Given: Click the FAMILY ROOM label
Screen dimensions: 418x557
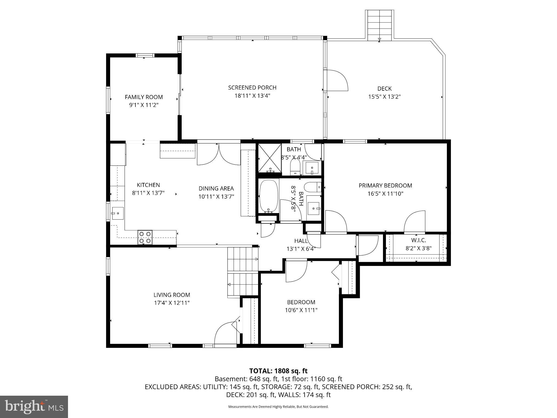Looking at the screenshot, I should pos(144,97).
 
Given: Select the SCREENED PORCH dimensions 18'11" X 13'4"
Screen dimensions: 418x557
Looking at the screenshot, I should pos(252,96).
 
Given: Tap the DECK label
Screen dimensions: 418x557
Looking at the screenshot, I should pos(384,88).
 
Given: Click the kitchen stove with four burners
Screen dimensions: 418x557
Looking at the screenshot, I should pos(145,237).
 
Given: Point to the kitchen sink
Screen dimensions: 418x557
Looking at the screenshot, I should pos(117,213).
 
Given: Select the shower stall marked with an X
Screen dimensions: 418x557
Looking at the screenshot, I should pos(269,158).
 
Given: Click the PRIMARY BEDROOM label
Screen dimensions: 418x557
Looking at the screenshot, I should pos(385,186).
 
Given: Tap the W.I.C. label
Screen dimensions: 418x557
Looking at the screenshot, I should pos(418,240).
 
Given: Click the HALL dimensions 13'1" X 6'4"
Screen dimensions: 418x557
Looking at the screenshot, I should pos(301,249).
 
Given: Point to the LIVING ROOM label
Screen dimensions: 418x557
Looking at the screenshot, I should pos(172,295).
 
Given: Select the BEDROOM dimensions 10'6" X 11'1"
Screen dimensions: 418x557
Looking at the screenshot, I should pos(301,310).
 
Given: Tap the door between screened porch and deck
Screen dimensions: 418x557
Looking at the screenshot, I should pos(336,80).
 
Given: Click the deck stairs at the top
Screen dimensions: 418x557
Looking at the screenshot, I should pos(379,24).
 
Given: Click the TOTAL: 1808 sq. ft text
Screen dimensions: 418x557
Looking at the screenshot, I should pos(278,371).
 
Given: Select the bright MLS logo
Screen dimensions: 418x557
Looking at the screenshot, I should pos(34,407).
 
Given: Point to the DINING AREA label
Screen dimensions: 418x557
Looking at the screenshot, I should pos(216,188).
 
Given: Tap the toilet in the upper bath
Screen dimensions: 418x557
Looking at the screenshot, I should pos(295,167).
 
